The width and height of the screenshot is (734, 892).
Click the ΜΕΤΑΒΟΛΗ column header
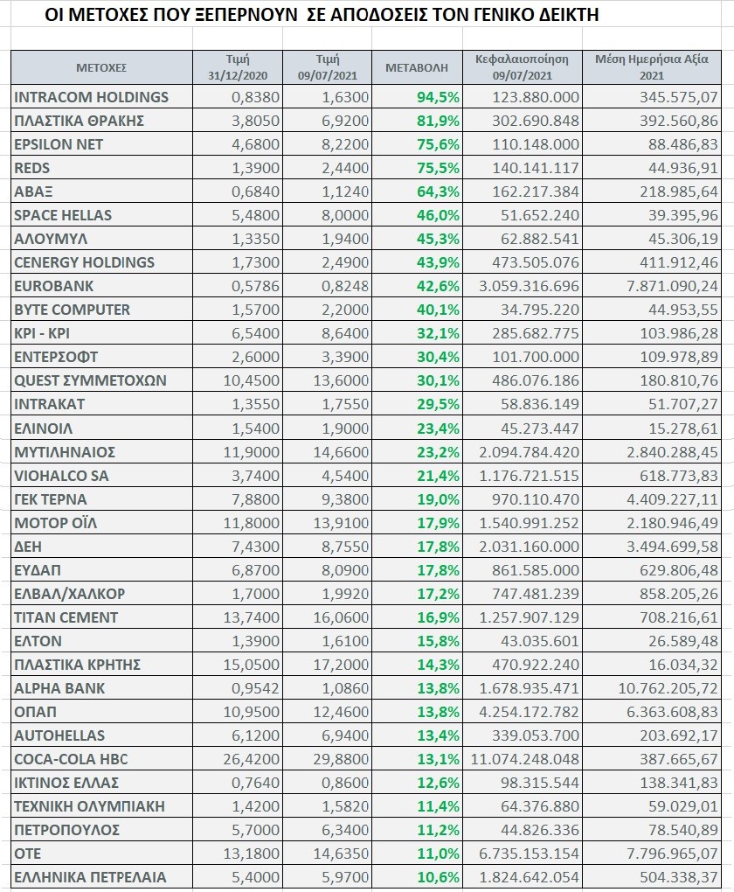click(x=417, y=67)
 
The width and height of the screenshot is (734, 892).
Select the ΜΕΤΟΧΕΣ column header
click(x=101, y=67)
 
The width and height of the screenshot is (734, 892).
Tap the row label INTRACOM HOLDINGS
click(x=91, y=97)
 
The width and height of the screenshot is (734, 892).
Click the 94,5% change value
click(x=438, y=97)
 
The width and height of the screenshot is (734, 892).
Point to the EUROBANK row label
click(x=53, y=286)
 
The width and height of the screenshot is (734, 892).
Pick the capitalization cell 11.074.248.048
click(x=525, y=759)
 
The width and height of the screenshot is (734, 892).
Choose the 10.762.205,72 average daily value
click(x=668, y=688)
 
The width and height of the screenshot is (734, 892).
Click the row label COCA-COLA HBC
click(x=71, y=759)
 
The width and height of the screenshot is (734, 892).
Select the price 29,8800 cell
click(x=341, y=759)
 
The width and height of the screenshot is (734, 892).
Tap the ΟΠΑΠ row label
click(x=35, y=712)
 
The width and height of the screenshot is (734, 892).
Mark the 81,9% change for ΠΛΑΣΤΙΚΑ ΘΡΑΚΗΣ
click(x=438, y=121)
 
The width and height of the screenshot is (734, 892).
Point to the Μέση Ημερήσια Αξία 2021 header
click(x=652, y=67)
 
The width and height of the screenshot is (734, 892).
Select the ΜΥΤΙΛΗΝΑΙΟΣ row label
click(x=65, y=452)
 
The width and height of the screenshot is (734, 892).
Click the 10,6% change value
click(x=438, y=877)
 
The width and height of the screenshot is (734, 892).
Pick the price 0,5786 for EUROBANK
click(x=255, y=286)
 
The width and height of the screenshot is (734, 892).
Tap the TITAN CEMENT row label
click(x=66, y=617)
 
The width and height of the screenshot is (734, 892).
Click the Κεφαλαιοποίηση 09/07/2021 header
click(x=522, y=67)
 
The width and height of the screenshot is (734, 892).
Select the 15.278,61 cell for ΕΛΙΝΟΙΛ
click(x=683, y=429)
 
